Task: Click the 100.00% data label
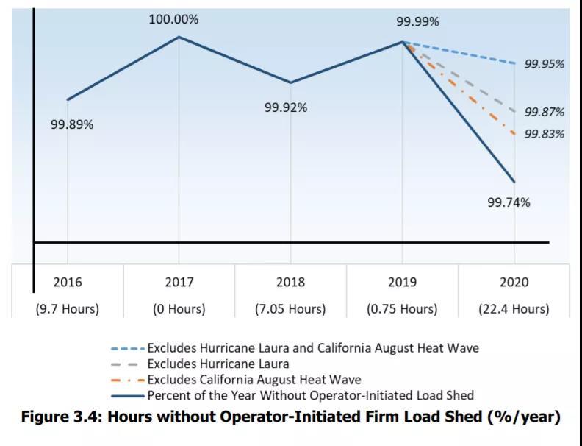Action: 173,20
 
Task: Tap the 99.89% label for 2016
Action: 72,124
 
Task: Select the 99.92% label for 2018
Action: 286,107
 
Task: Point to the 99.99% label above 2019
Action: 417,22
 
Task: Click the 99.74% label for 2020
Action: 509,202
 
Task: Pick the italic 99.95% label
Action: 545,64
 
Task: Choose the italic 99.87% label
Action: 545,112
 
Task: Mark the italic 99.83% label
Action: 545,134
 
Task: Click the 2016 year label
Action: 68,283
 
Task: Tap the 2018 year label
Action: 291,283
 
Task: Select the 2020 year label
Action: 514,283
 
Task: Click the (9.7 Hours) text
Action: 68,309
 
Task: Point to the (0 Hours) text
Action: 179,309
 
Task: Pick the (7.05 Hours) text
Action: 291,309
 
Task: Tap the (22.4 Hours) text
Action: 514,309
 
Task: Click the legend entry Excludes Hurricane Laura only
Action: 218,364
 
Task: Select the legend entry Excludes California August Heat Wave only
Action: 254,380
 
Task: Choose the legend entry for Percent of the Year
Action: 310,396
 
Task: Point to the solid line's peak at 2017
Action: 179,37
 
